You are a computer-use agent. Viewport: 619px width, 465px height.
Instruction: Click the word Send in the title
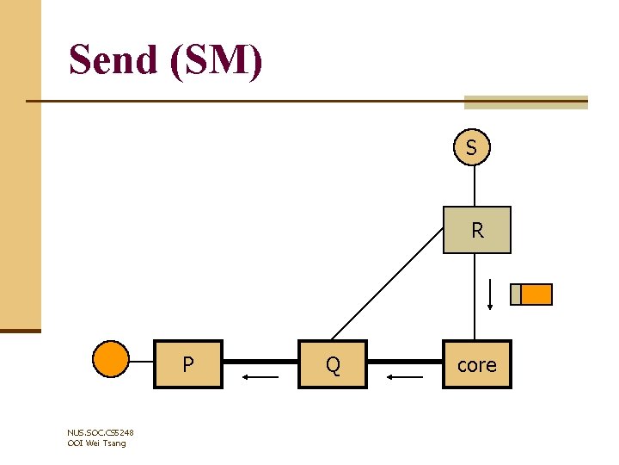pyautogui.click(x=115, y=61)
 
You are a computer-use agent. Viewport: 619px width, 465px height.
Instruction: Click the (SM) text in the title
pyautogui.click(x=218, y=61)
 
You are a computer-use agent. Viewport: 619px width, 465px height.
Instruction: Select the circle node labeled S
pyautogui.click(x=471, y=148)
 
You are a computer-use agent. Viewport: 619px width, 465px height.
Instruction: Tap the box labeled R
pyautogui.click(x=477, y=230)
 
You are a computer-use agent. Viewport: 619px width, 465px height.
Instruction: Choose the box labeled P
pyautogui.click(x=188, y=364)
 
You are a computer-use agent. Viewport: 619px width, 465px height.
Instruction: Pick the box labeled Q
pyautogui.click(x=333, y=364)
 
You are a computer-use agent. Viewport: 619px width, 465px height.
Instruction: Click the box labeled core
pyautogui.click(x=477, y=364)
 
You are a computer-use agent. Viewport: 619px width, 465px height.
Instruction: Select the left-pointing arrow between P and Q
pyautogui.click(x=260, y=376)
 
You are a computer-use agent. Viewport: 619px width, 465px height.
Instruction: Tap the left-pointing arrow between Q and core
pyautogui.click(x=404, y=376)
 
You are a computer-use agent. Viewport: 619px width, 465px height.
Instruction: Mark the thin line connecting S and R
pyautogui.click(x=471, y=186)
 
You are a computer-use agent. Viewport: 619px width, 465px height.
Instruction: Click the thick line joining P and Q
pyautogui.click(x=260, y=363)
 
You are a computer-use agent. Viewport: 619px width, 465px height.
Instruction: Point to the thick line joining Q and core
pyautogui.click(x=405, y=363)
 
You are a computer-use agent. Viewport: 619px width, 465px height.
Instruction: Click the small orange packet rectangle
pyautogui.click(x=536, y=294)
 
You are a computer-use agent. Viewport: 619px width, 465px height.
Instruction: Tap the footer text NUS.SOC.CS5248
pyautogui.click(x=100, y=432)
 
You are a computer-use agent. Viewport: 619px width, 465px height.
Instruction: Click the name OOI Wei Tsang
pyautogui.click(x=96, y=443)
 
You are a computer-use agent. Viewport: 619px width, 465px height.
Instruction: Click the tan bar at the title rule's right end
pyautogui.click(x=525, y=102)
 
